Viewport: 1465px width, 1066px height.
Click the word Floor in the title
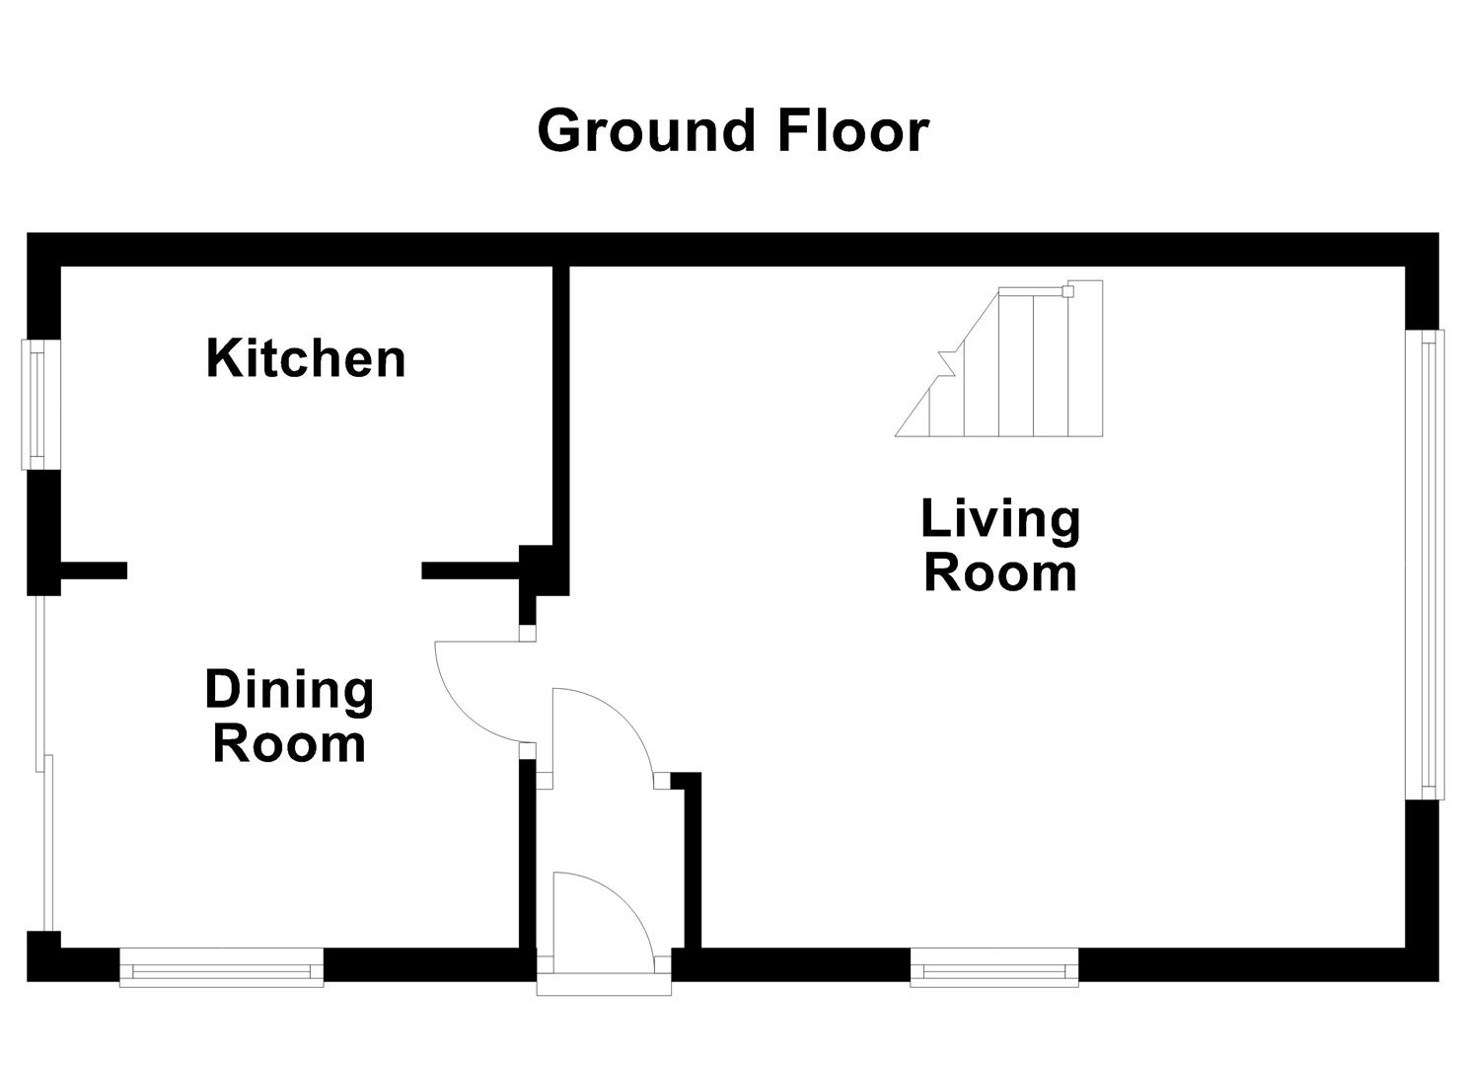point(852,131)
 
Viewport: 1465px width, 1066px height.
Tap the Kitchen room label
point(306,358)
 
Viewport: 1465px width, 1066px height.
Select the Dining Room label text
point(289,717)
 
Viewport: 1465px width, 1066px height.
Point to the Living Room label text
point(1000,546)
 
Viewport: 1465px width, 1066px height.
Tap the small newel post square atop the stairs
point(1066,291)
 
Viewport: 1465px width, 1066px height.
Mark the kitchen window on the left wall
point(37,405)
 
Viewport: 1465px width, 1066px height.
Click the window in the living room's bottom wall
point(994,967)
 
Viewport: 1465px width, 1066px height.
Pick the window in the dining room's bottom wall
point(221,967)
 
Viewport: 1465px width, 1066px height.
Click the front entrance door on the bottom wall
point(604,913)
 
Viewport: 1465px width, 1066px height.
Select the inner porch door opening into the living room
point(602,730)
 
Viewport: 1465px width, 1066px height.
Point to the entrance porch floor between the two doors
point(604,829)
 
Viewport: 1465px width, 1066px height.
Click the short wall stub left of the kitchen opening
point(94,570)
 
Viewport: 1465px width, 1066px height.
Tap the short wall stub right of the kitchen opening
point(471,570)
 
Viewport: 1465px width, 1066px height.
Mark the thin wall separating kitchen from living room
point(560,405)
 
